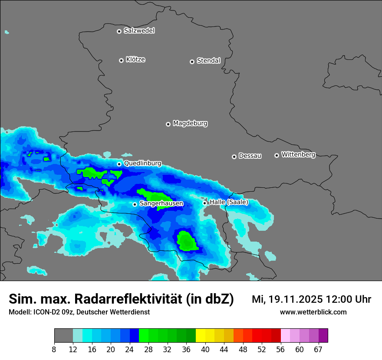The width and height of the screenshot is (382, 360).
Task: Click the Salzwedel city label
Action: coord(139,31)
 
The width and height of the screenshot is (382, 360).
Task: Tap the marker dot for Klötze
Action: coord(121,60)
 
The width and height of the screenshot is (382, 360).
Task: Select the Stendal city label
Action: coord(208,61)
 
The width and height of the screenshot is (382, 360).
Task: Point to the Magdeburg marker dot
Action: coord(168,124)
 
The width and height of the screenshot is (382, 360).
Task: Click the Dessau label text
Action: coord(250,156)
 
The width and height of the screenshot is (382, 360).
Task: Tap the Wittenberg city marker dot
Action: coord(277,155)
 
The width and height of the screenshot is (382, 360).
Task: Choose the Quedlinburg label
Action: coord(142,164)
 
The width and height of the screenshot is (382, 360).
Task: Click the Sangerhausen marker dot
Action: coord(135,204)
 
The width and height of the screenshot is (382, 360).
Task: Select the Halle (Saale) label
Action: coord(229,202)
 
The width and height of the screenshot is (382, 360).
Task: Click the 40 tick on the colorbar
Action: coord(205,349)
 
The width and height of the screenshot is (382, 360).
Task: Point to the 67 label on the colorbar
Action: coord(319,349)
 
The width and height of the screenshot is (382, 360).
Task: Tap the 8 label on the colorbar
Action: coord(54,349)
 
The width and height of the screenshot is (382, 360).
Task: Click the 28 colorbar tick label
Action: coord(148,349)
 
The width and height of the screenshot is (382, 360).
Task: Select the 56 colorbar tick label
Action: coord(280,349)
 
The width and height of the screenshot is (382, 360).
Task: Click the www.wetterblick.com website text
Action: coord(313,312)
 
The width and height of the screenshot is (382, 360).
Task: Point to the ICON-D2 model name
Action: coord(45,312)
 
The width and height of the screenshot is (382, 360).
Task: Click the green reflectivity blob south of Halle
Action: coord(187,241)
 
